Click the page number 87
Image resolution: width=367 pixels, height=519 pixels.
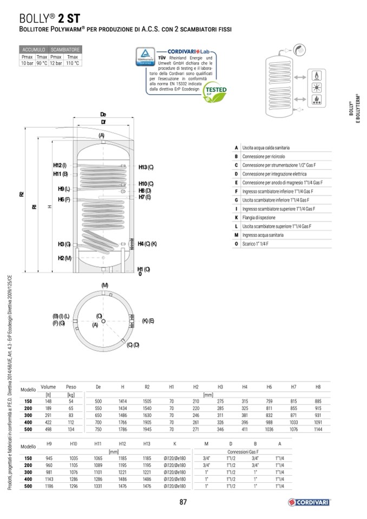point(183,502)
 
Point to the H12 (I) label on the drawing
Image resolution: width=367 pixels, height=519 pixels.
point(60,165)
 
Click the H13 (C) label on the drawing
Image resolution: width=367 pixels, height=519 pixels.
point(146,167)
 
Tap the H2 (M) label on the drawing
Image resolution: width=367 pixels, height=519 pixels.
point(64,258)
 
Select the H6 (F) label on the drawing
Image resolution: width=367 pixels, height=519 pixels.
point(64,200)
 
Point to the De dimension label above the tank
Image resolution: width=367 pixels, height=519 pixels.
point(103,114)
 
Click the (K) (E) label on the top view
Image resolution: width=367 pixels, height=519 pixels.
point(148,321)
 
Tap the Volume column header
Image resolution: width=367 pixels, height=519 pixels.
point(48,387)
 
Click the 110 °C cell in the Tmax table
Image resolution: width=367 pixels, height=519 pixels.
point(72,63)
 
